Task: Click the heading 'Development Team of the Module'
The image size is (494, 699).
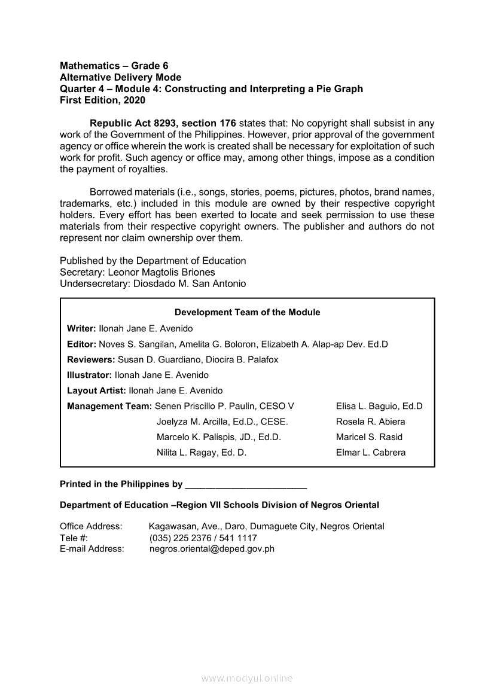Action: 247,312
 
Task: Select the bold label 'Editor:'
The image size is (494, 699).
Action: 81,344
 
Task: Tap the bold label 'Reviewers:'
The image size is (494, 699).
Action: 91,359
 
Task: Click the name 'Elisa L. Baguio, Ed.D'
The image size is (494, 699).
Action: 379,406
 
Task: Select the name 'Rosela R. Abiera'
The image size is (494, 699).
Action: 370,422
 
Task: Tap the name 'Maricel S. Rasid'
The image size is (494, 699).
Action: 369,437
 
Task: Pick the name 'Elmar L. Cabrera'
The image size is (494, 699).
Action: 371,453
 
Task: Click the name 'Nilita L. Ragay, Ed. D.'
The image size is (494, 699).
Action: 202,453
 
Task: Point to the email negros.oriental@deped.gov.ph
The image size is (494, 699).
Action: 212,548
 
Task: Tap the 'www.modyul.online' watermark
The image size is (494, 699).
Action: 247,679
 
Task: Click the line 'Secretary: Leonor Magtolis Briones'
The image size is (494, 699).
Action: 138,272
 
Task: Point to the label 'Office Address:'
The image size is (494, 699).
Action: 91,526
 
